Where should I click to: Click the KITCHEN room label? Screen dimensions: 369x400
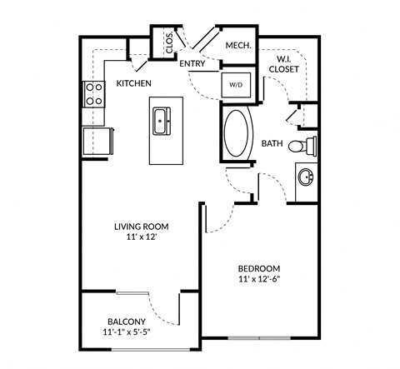[x=133, y=83]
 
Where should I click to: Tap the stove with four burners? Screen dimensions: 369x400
[x=93, y=93]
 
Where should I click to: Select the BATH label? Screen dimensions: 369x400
[x=272, y=143]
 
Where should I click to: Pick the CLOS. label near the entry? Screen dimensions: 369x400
[x=169, y=42]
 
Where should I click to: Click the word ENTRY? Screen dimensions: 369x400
[x=192, y=63]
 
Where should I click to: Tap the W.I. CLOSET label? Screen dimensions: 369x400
[x=284, y=64]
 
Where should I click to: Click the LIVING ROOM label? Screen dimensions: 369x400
[x=142, y=225]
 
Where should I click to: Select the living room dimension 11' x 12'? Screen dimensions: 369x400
[x=142, y=237]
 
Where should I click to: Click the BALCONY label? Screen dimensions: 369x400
[x=127, y=322]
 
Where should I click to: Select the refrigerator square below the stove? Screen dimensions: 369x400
[x=95, y=141]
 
